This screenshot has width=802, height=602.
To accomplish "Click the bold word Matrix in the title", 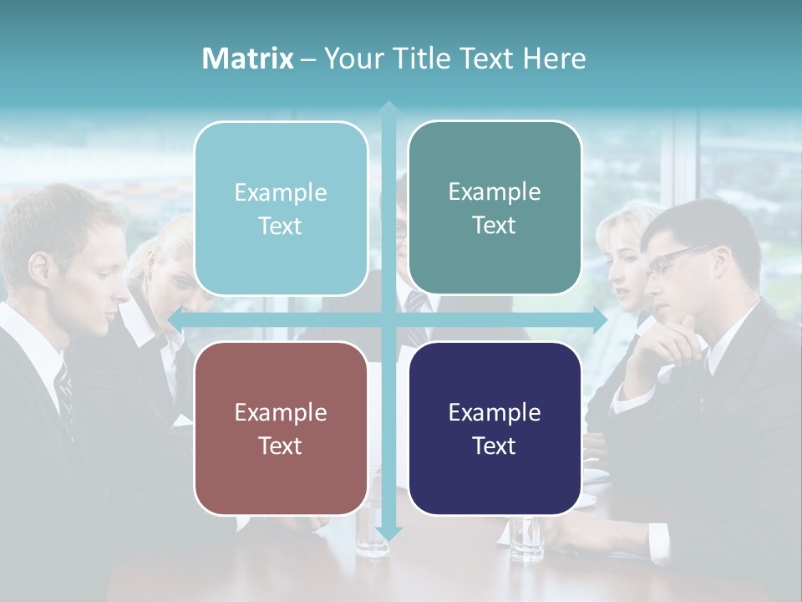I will tap(247, 59).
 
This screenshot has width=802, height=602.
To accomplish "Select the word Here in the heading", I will tap(554, 59).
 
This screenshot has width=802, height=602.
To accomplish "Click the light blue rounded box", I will tap(281, 209).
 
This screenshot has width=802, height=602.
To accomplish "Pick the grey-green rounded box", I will tap(495, 208).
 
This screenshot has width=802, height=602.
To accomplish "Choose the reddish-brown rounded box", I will tap(281, 429).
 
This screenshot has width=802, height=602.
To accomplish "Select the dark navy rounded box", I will tap(495, 429).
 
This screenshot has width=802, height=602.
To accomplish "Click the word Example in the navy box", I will tap(495, 412).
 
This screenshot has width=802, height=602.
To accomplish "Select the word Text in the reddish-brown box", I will tap(280, 446).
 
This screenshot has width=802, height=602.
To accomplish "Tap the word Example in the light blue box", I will tap(281, 192).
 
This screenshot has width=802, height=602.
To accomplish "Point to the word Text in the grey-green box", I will tap(495, 225).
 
